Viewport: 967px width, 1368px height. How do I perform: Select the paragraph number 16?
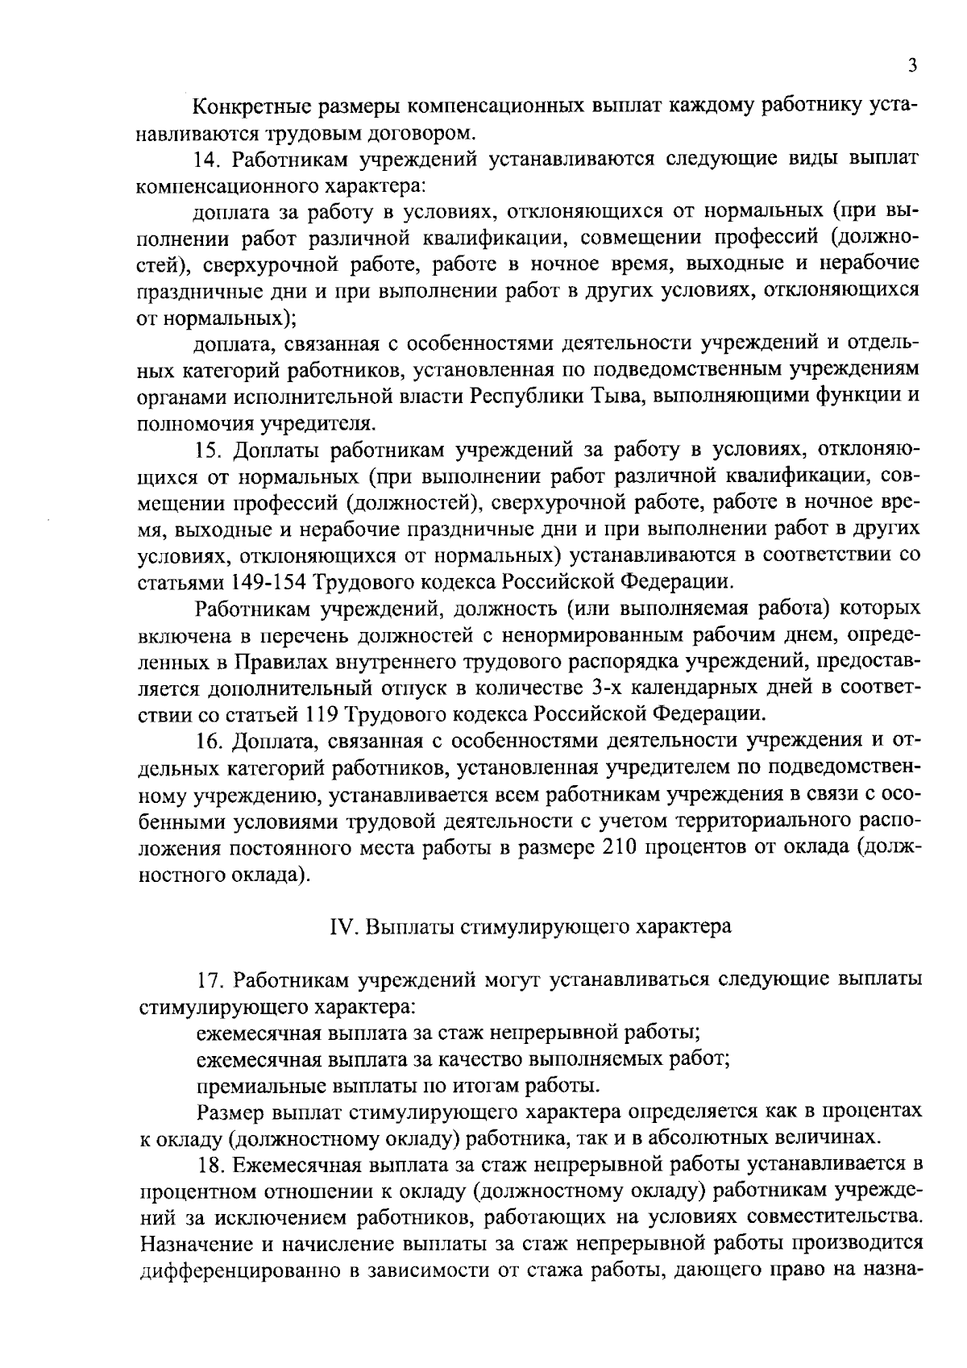pyautogui.click(x=210, y=740)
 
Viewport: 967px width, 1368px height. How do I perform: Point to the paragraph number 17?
pyautogui.click(x=210, y=979)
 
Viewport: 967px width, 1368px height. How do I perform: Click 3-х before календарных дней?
pyautogui.click(x=625, y=688)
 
